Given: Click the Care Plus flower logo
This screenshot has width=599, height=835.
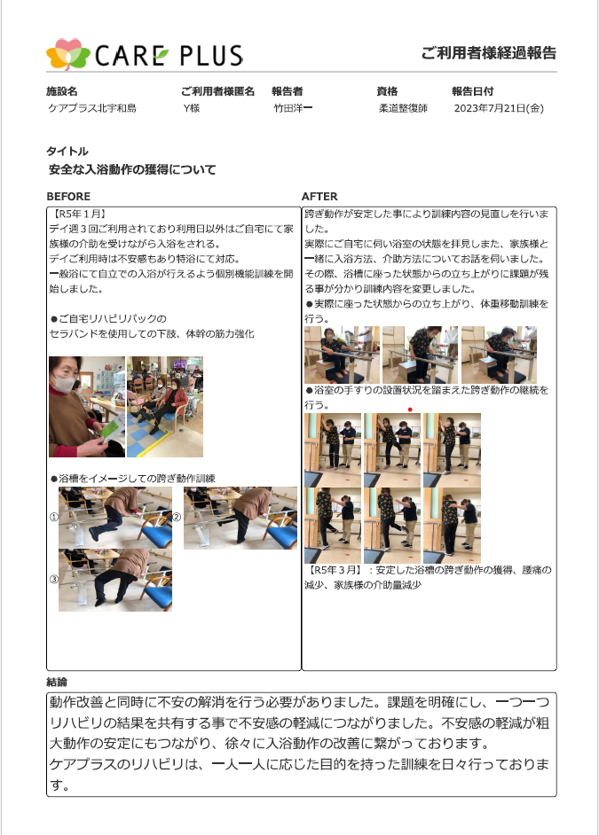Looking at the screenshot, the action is click(x=67, y=54).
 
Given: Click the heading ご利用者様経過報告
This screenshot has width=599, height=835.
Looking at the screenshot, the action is click(x=489, y=52).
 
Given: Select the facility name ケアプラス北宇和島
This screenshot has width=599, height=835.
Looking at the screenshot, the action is click(x=92, y=108).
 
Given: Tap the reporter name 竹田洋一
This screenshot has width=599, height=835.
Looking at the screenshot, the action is click(x=293, y=108).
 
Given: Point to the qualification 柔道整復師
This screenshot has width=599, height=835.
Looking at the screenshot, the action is click(x=403, y=108).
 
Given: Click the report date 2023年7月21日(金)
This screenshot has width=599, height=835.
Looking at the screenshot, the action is click(x=499, y=108).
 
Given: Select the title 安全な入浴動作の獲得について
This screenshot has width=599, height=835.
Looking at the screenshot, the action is click(x=132, y=170).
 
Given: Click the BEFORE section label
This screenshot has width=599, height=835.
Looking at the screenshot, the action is click(x=68, y=197).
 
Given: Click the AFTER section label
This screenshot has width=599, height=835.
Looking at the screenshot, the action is click(x=319, y=197).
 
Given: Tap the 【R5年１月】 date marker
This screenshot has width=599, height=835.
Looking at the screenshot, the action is click(x=77, y=215).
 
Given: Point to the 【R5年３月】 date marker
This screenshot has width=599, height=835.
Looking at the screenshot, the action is click(x=334, y=570).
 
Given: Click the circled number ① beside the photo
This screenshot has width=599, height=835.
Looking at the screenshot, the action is click(x=53, y=517).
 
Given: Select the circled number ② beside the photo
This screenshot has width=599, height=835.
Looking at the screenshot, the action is click(x=177, y=517).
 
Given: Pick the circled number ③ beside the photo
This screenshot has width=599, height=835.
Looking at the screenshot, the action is click(x=53, y=580).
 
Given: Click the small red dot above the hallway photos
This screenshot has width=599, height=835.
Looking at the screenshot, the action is click(x=410, y=410).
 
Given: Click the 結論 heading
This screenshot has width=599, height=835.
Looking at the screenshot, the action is click(x=57, y=683).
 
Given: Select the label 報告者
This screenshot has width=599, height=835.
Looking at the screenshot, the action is click(x=288, y=91).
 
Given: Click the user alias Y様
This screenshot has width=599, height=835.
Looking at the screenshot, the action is click(x=192, y=108).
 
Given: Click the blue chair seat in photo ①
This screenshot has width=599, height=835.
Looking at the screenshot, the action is click(x=156, y=535).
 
